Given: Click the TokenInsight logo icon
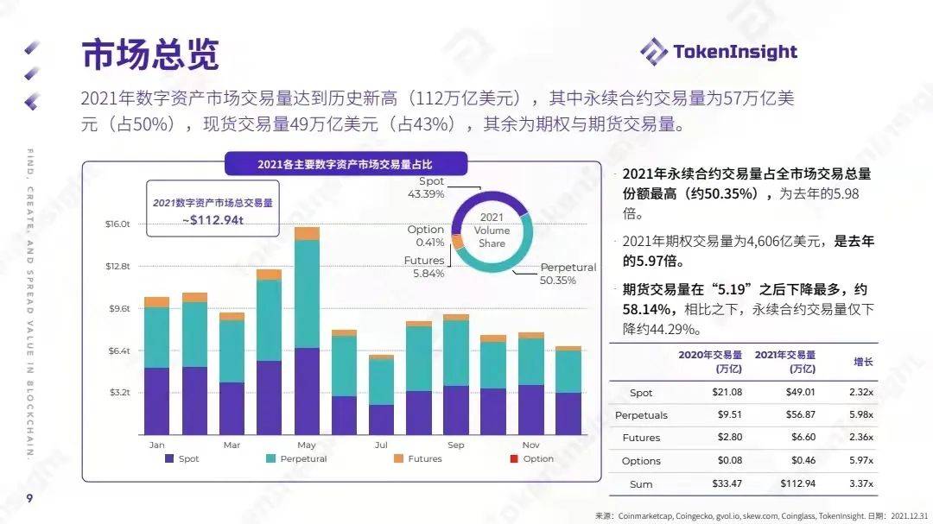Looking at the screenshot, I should tap(654, 52).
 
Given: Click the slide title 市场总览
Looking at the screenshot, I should tap(150, 54).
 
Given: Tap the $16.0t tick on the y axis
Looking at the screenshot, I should tap(117, 224).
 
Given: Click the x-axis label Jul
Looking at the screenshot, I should tap(381, 445).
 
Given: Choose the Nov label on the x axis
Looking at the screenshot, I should tap(531, 445).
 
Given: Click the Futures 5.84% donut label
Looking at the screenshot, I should tap(424, 267).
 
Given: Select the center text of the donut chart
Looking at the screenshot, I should tap(492, 230).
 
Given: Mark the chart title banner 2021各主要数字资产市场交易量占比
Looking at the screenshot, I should tap(346, 164).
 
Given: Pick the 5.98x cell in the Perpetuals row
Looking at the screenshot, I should tap(860, 415).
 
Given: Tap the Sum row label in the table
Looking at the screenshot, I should tap(641, 484).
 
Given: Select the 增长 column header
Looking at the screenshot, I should tap(863, 362).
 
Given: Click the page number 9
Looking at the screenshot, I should tap(29, 499).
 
